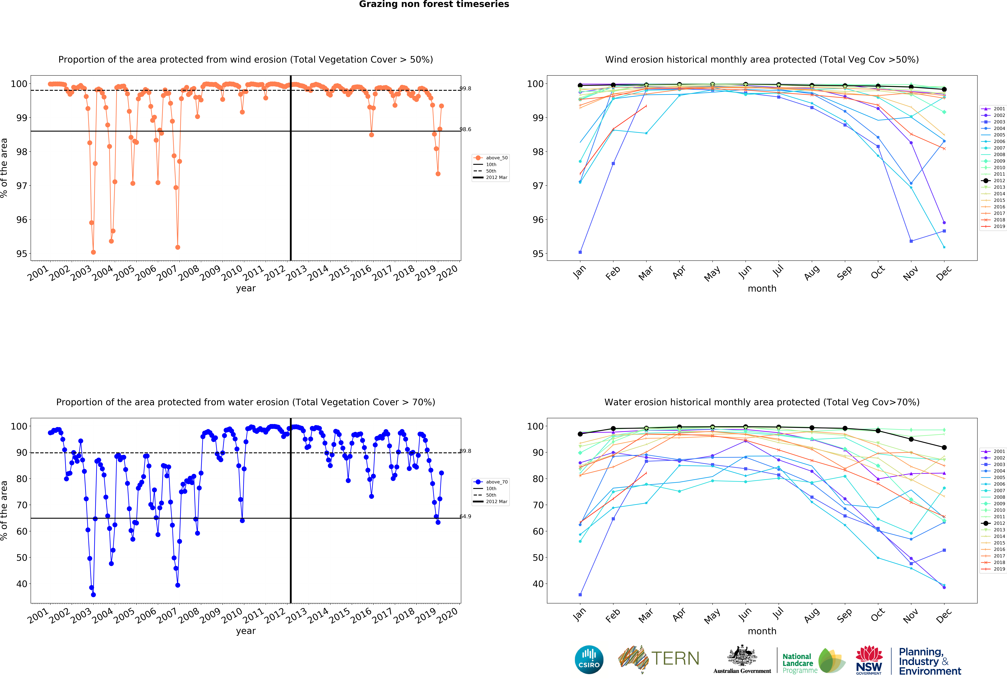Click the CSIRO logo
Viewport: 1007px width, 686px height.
click(x=589, y=660)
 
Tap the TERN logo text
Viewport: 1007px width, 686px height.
click(x=675, y=659)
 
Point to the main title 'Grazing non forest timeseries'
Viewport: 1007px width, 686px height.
click(x=434, y=4)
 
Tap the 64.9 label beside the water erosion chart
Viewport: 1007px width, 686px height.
click(x=465, y=516)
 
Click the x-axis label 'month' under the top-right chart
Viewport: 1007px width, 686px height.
click(x=762, y=288)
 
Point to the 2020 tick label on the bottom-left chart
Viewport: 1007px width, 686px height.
click(x=448, y=615)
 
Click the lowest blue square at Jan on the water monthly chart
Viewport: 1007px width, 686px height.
click(x=580, y=595)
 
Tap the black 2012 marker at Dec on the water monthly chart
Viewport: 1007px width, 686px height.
click(x=944, y=447)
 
